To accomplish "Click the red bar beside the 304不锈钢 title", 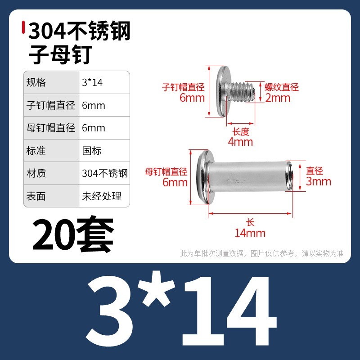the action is point(23,27).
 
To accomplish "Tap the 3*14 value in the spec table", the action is point(92,83).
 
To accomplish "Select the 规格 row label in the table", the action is point(36,82).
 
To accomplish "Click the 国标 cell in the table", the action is point(92,151).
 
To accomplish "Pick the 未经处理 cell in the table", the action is point(102,196).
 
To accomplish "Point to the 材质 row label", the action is point(36,173).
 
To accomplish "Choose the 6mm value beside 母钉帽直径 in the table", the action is point(94,128).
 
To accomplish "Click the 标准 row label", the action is point(36,151).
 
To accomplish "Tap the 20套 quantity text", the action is point(73,234).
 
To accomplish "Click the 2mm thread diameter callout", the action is point(278,98).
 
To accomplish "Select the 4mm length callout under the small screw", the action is point(240,142).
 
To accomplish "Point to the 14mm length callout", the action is point(250,233).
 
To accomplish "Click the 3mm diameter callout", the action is point(319,181).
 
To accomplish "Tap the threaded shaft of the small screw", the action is point(241,93).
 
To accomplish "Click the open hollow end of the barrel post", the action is point(289,176).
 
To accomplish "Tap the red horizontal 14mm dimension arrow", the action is point(250,213).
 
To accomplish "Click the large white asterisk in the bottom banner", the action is point(158,288).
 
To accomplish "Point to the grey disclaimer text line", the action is point(262,253).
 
